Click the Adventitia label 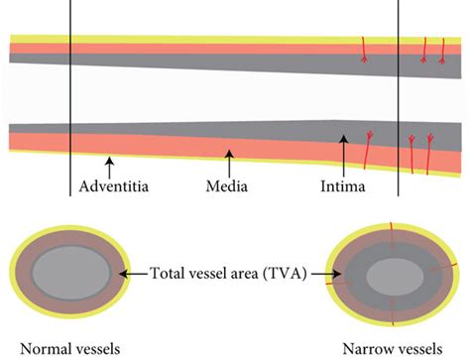(x=114, y=186)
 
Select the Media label (x=226, y=186)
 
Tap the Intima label (x=342, y=186)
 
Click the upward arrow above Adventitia (x=111, y=164)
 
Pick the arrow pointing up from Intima (x=342, y=154)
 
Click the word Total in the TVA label (x=170, y=272)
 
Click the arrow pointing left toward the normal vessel (x=137, y=272)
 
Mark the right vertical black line (x=398, y=99)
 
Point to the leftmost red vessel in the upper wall (x=365, y=49)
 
